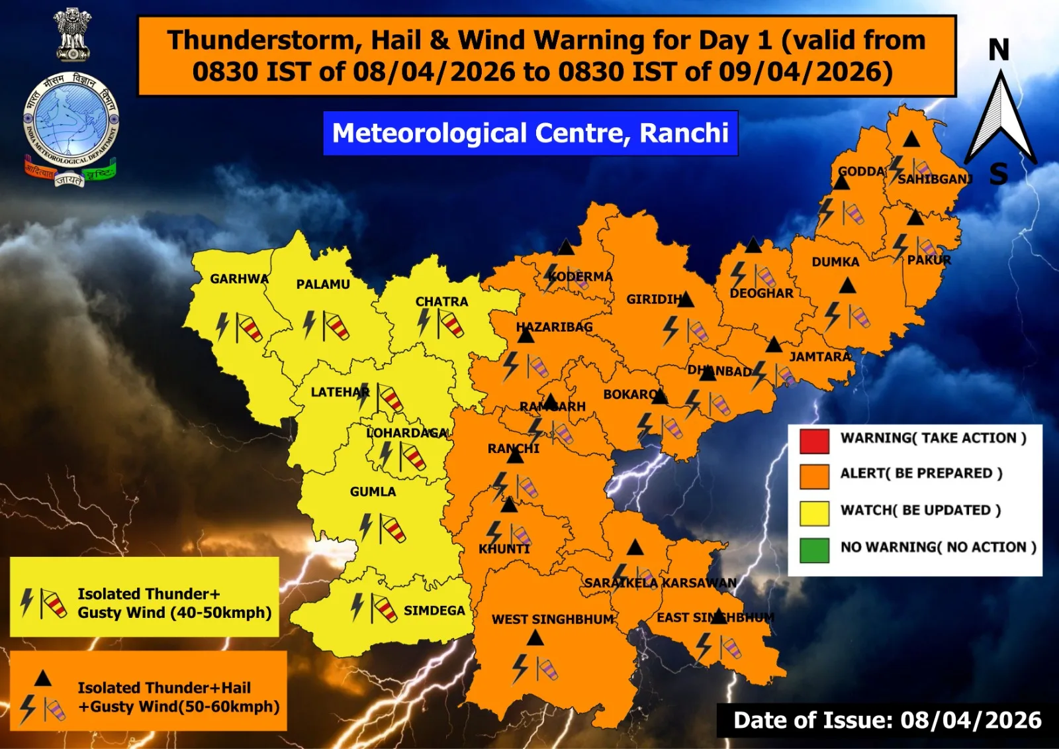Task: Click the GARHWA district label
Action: pyautogui.click(x=239, y=279)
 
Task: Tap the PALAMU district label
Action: pyautogui.click(x=322, y=284)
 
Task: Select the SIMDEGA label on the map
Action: pyautogui.click(x=434, y=611)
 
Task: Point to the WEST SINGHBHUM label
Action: pyautogui.click(x=553, y=619)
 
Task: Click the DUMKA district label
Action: pyautogui.click(x=835, y=262)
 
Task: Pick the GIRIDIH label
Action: pyautogui.click(x=653, y=299)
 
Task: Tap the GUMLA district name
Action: pyautogui.click(x=373, y=491)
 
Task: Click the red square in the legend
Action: pyautogui.click(x=814, y=440)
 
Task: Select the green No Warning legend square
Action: pyautogui.click(x=814, y=550)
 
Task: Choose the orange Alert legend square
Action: pyautogui.click(x=814, y=476)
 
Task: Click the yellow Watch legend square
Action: pyautogui.click(x=814, y=513)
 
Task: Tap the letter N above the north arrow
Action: pyautogui.click(x=999, y=50)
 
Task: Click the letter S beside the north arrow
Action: pyautogui.click(x=999, y=175)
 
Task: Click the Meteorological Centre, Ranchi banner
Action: pyautogui.click(x=530, y=133)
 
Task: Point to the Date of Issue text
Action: pyautogui.click(x=887, y=720)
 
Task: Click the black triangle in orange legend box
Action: pyautogui.click(x=43, y=678)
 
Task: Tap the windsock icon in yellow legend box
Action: pyautogui.click(x=54, y=603)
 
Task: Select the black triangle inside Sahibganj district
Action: pyautogui.click(x=911, y=139)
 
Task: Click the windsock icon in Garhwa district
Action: pyautogui.click(x=249, y=328)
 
